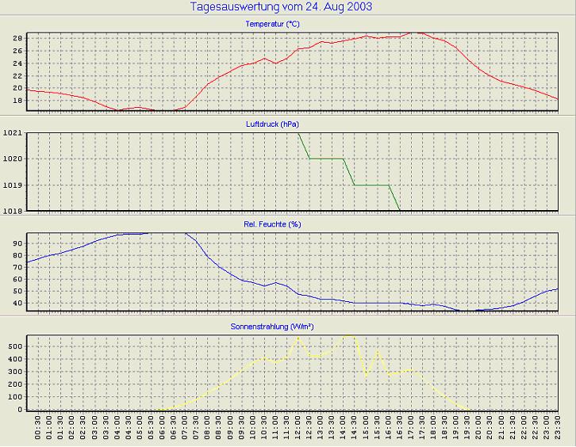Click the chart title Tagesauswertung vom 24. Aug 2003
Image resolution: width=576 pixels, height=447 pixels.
coord(282,7)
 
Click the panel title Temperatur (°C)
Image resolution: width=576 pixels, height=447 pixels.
coord(273,25)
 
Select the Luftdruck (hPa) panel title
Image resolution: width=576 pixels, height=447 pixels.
coord(273,124)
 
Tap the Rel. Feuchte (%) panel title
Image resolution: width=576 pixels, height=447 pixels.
coord(273,224)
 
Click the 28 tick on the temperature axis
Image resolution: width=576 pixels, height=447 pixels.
coord(17,38)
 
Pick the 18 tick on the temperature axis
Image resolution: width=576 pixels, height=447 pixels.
coord(17,101)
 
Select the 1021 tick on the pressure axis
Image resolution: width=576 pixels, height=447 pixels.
coord(12,133)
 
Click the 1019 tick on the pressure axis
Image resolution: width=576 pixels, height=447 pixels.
coord(12,185)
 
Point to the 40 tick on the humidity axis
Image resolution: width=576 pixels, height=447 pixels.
coord(17,302)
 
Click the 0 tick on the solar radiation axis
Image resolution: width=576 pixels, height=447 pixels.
coord(21,409)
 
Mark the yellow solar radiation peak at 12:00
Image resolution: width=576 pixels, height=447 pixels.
coord(298,337)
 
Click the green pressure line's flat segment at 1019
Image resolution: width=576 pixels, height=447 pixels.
coord(371,185)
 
